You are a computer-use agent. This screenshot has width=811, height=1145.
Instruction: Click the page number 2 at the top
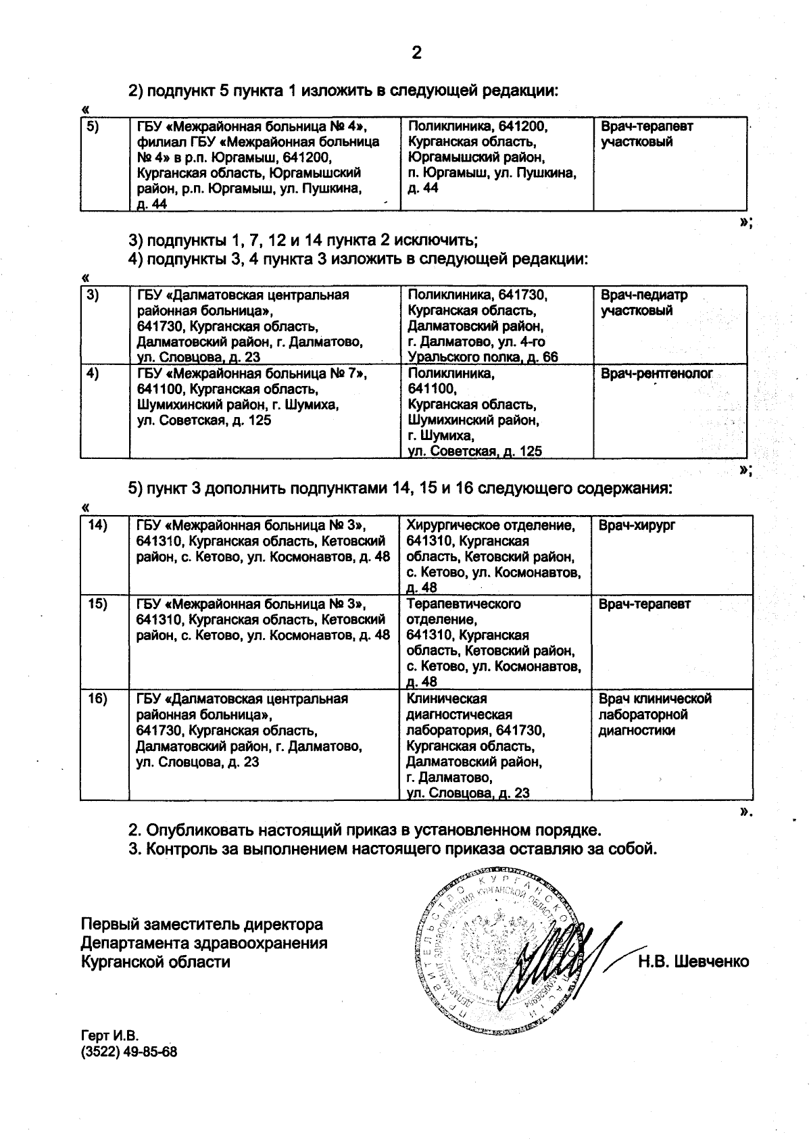click(416, 53)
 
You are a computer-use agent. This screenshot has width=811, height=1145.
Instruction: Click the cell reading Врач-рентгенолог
click(656, 374)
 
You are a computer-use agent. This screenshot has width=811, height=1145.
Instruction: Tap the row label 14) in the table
click(98, 525)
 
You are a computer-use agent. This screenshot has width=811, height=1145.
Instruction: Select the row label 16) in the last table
click(98, 699)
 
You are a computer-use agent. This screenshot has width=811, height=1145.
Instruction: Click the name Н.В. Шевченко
click(693, 961)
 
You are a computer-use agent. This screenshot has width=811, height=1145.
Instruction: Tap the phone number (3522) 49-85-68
click(129, 1052)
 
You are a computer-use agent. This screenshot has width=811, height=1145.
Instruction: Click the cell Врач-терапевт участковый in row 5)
click(646, 134)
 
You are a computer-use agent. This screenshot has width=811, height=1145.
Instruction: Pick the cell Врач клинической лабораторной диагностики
click(655, 714)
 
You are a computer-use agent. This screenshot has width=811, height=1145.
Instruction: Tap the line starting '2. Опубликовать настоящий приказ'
click(365, 829)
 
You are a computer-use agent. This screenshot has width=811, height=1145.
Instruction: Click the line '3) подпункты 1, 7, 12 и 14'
click(303, 240)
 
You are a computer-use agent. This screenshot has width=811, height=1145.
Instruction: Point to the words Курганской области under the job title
click(155, 961)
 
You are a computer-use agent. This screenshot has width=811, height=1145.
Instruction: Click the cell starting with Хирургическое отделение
click(493, 556)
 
